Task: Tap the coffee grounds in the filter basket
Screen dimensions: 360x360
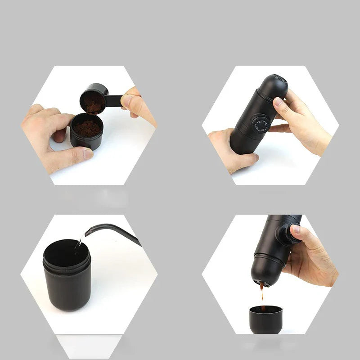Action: click(x=87, y=128)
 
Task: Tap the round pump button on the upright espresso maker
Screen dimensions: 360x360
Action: click(x=260, y=124)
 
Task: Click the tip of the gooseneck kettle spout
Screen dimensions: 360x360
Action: click(x=85, y=234)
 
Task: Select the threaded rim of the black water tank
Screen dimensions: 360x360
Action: click(x=67, y=261)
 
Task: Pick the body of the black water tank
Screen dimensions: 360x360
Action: click(x=68, y=288)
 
